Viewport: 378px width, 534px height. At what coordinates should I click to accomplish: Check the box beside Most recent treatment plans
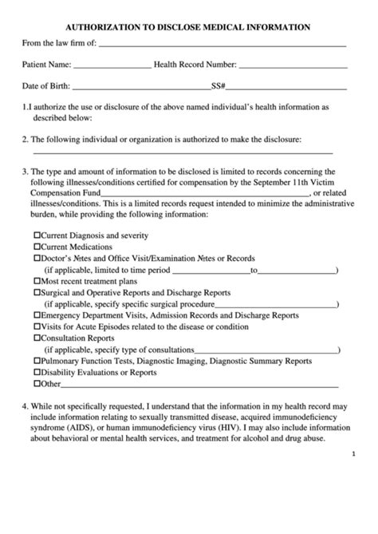(37, 282)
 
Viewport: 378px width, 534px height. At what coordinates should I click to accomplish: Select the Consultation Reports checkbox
(37, 338)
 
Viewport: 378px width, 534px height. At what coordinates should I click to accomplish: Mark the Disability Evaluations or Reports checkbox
(37, 373)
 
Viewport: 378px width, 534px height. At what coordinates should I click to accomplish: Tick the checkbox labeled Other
(37, 384)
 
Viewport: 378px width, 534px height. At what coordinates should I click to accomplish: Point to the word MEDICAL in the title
(222, 27)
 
